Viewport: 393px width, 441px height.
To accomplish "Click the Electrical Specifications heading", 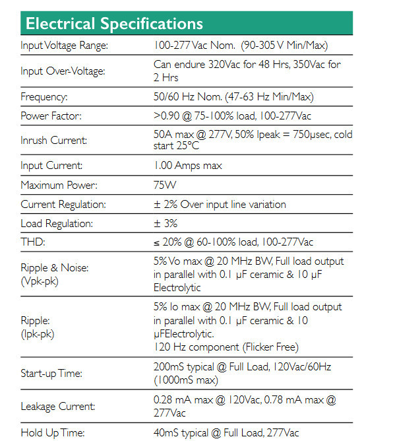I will [x=113, y=24].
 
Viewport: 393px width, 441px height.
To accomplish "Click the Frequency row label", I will [x=44, y=96].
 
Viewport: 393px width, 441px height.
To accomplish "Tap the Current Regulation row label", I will [x=63, y=205].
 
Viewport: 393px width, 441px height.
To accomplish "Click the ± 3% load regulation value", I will [x=166, y=223].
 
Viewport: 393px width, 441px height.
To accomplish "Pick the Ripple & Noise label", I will [x=55, y=268].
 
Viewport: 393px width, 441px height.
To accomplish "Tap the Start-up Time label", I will [x=51, y=374].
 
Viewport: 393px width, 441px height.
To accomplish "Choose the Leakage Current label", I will [x=57, y=407].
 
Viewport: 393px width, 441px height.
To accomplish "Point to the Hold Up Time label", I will [x=51, y=432].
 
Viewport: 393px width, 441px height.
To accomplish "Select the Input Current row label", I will [x=51, y=166].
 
